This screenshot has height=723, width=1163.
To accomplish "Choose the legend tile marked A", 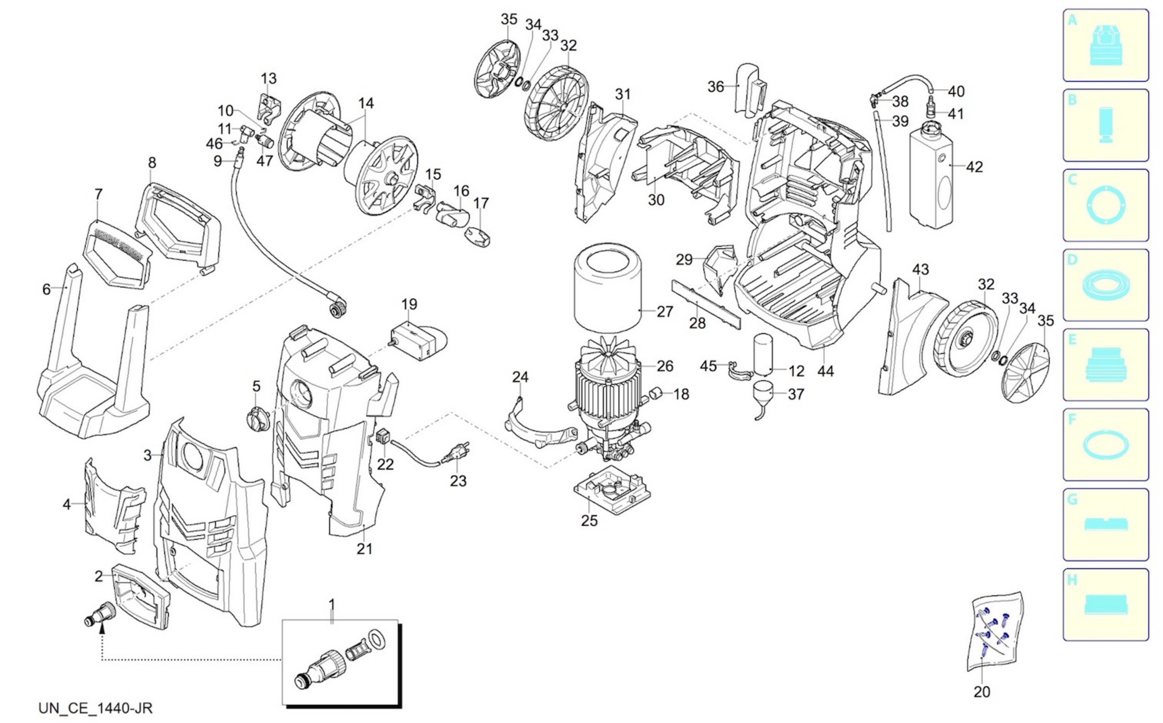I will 1106,46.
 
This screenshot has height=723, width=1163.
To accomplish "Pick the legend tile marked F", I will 1106,445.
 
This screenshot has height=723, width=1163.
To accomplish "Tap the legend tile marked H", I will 1106,604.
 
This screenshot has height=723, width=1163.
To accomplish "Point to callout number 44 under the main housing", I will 825,371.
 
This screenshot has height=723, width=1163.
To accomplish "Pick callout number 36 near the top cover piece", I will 715,87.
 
